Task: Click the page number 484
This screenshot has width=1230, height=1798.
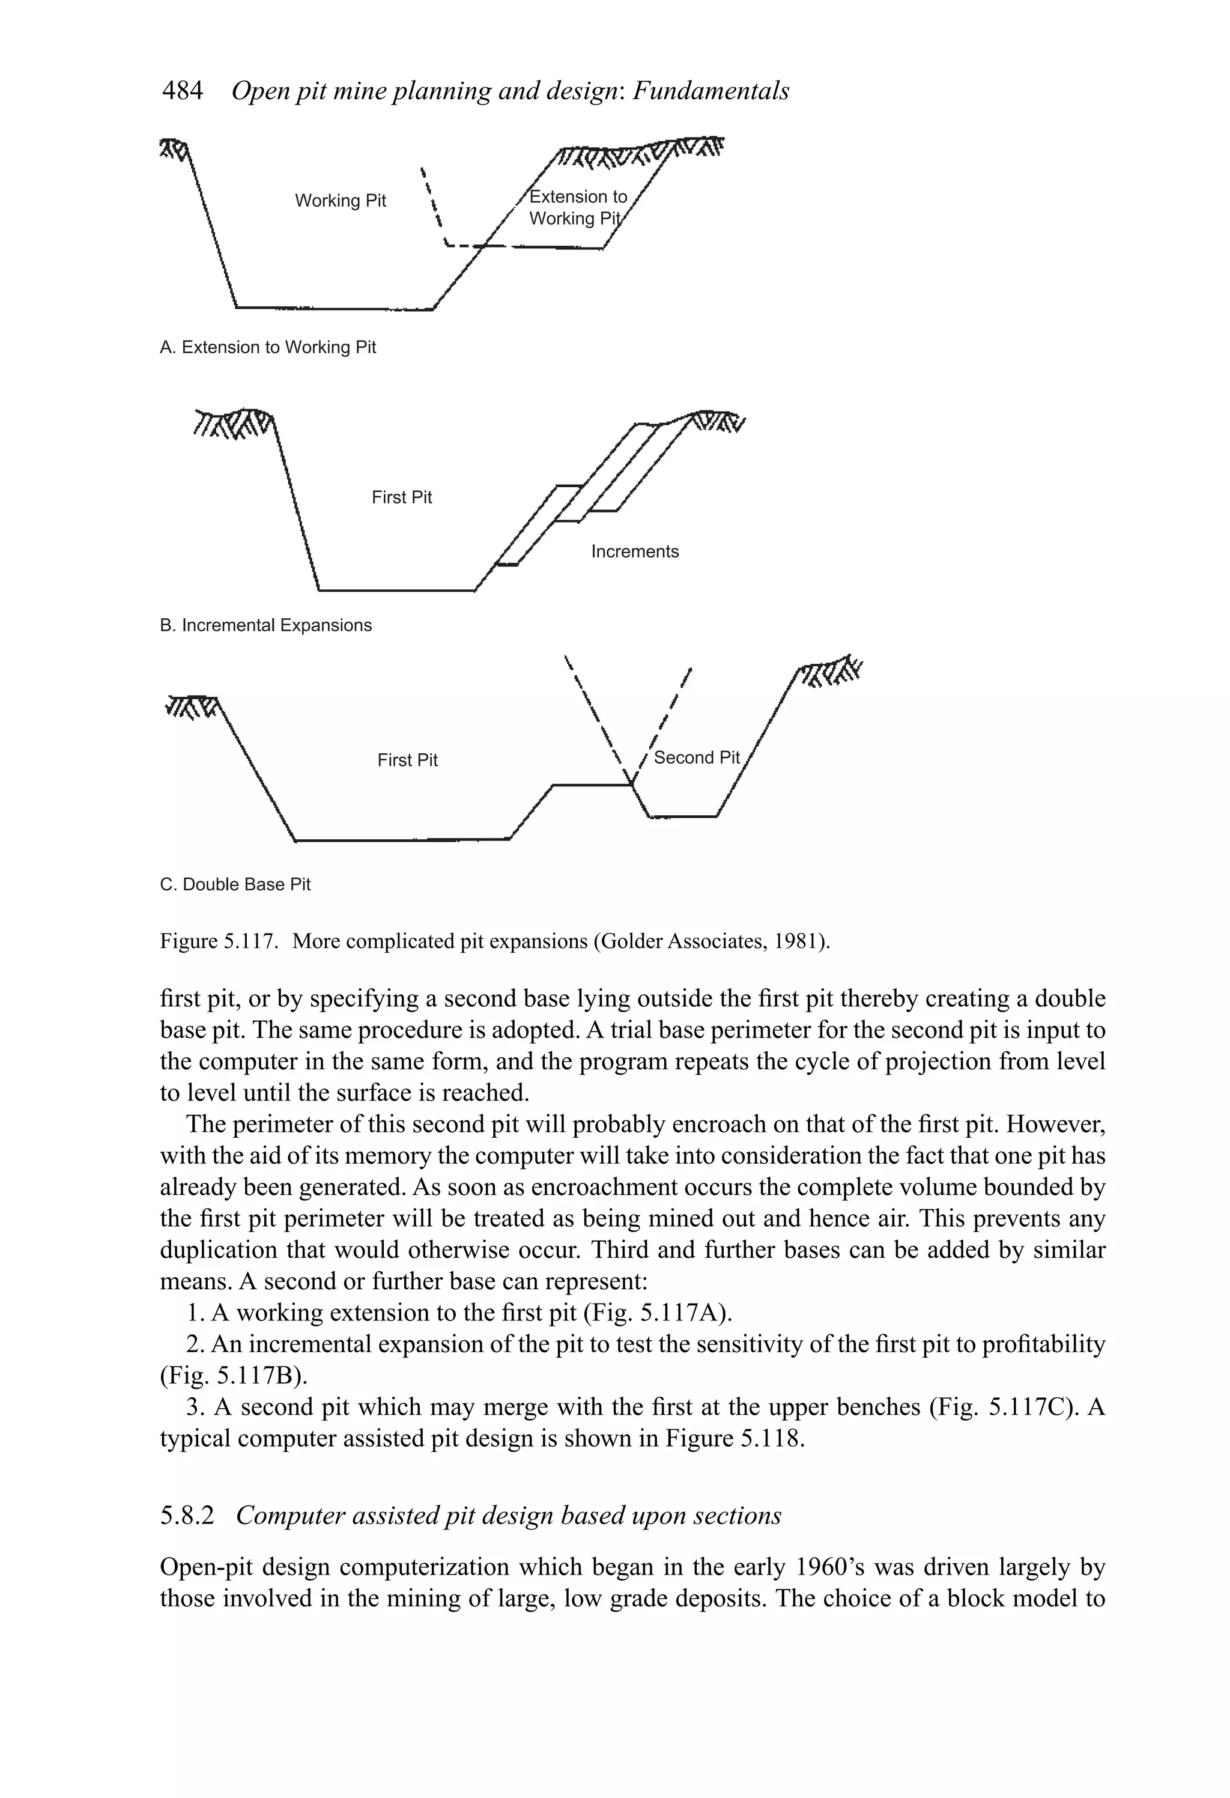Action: click(182, 91)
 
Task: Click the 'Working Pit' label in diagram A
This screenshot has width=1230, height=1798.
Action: click(341, 201)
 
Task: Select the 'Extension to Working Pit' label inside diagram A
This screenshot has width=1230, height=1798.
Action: click(577, 207)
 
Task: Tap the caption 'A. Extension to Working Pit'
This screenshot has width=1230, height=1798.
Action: click(268, 347)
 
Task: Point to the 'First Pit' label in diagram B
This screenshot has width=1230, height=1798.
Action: click(401, 497)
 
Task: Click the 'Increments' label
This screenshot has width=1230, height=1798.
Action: click(634, 551)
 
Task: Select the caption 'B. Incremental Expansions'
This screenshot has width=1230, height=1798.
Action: click(265, 625)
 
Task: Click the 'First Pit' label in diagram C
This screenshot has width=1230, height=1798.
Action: click(407, 761)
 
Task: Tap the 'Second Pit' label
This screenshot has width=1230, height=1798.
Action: click(696, 758)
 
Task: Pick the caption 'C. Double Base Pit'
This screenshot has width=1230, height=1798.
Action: click(235, 884)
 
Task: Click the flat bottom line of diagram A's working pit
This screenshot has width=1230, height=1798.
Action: click(333, 308)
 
